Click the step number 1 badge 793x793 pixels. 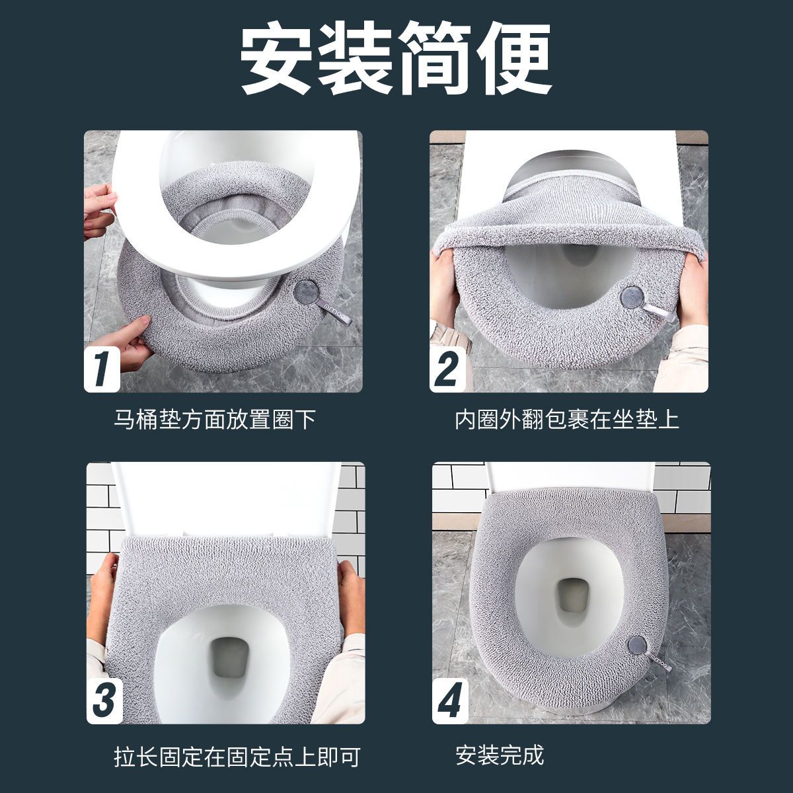point(102,369)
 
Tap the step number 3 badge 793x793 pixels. point(104,700)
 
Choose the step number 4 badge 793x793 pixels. point(450,700)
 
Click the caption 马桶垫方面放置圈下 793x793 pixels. point(215,420)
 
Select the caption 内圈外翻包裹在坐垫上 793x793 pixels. point(566,420)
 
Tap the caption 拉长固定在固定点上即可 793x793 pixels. point(237,757)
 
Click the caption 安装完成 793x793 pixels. point(500,755)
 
